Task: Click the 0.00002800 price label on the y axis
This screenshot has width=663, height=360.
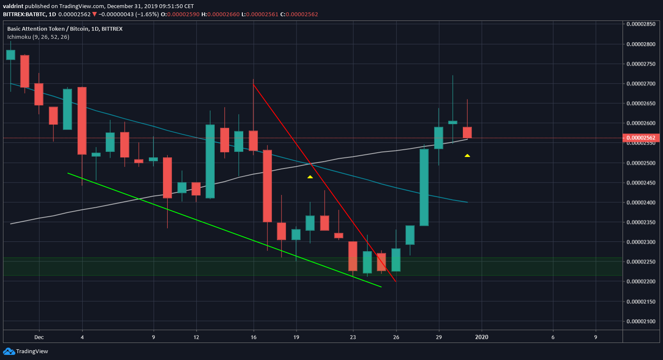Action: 641,44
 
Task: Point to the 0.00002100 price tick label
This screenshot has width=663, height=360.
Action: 641,321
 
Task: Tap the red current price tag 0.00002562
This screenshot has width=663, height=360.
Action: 641,138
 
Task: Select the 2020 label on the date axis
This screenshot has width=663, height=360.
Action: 482,337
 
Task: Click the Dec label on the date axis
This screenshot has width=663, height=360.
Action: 39,337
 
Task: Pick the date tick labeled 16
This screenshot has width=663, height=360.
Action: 254,337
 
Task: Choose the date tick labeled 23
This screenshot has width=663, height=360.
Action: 353,337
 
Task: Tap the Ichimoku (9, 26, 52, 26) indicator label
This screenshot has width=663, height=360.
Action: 38,37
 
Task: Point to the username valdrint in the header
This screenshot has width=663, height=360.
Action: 13,6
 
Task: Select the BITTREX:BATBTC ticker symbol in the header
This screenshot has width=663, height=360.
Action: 24,14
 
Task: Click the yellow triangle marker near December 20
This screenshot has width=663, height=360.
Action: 310,177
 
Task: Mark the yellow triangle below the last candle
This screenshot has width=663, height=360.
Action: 467,155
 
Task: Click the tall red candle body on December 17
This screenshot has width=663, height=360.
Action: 268,186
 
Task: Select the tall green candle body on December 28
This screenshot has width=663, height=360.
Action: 424,187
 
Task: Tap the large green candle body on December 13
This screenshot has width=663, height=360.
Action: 210,161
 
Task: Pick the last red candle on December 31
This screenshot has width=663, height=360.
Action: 467,132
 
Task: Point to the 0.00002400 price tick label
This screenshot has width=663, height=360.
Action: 641,202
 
